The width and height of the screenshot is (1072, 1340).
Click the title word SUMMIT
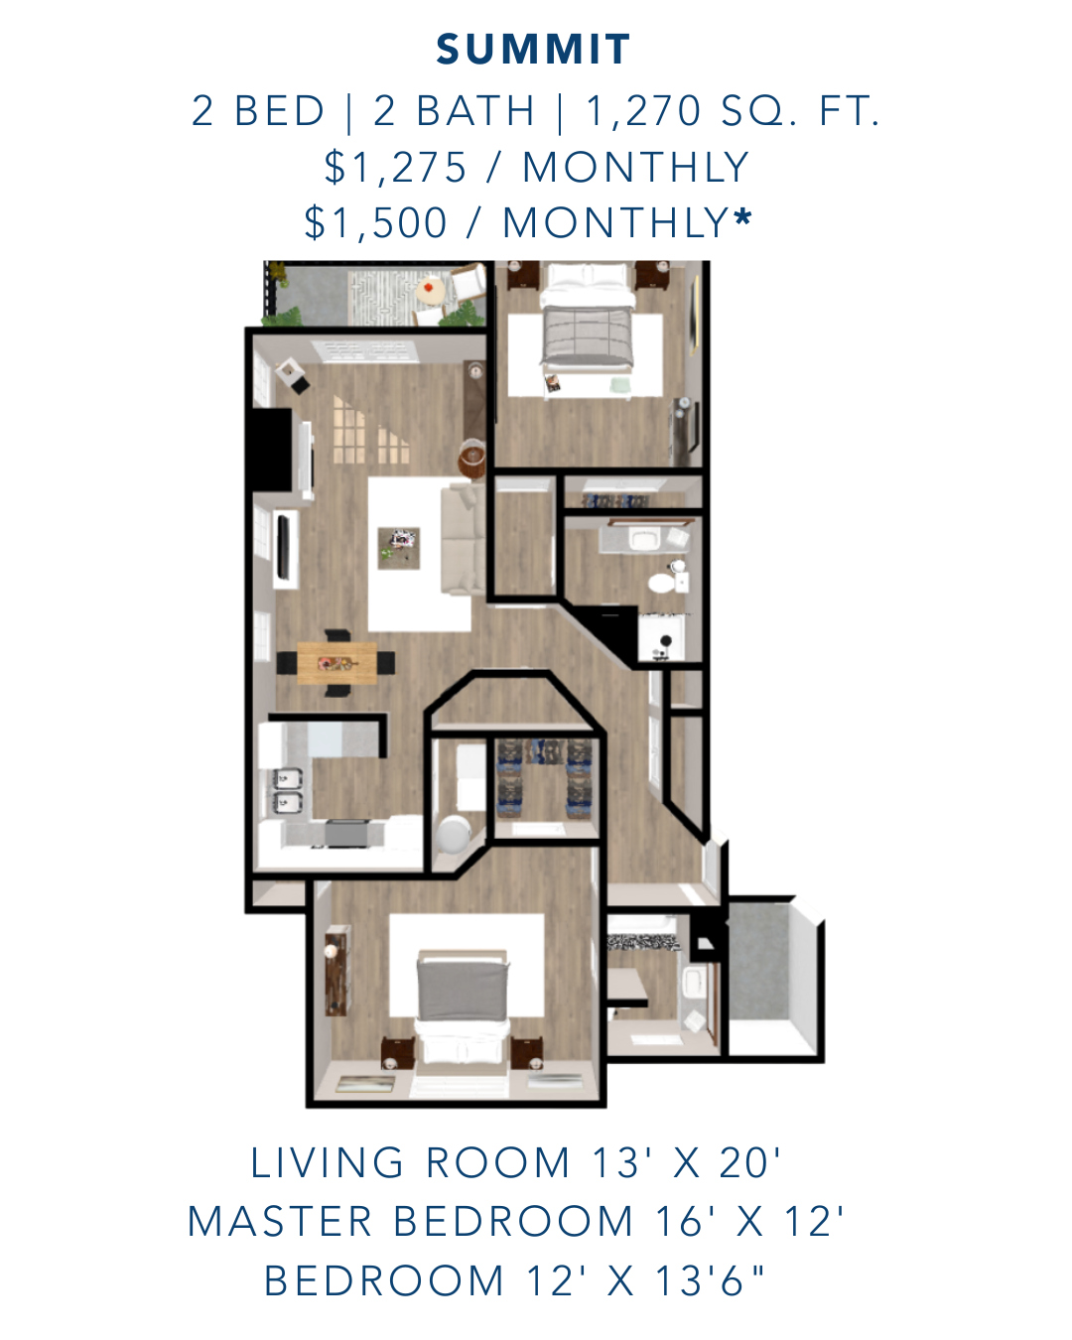pyautogui.click(x=533, y=50)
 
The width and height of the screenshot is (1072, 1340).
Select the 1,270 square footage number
pyautogui.click(x=643, y=111)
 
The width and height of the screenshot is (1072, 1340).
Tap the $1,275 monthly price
pyautogui.click(x=395, y=168)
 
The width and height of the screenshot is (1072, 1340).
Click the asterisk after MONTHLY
pyautogui.click(x=742, y=218)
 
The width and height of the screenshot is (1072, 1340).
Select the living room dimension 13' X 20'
pyautogui.click(x=686, y=1162)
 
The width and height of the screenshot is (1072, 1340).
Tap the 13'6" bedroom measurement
pyautogui.click(x=710, y=1280)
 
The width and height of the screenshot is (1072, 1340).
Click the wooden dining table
pyautogui.click(x=337, y=663)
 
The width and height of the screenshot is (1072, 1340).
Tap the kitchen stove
pyautogui.click(x=347, y=834)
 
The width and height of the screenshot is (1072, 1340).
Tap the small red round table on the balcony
pyautogui.click(x=430, y=289)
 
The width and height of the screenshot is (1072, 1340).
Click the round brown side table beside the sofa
pyautogui.click(x=472, y=458)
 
